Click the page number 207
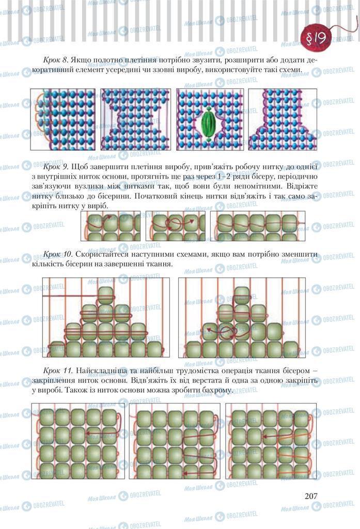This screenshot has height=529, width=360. coord(311,495)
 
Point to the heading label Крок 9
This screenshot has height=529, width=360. coord(56,166)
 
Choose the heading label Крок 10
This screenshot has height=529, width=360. coord(58,254)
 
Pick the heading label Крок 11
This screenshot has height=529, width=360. coord(58,370)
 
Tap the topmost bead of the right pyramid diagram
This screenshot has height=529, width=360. coord(242,295)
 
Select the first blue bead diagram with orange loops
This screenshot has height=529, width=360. coord(63,119)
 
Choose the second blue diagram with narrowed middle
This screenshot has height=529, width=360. coord(136,119)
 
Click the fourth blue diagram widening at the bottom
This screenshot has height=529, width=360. coord(283,119)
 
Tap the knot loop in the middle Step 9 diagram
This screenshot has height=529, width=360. coord(175,223)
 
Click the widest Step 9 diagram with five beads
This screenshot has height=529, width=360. coord(257,226)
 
